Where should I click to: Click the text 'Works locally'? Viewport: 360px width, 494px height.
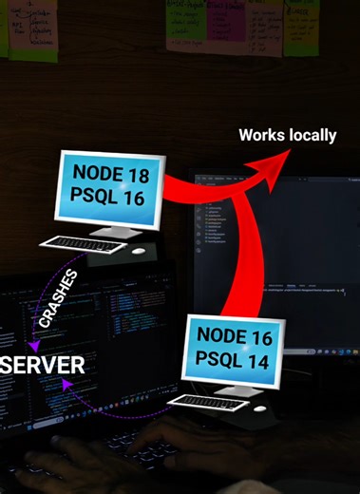click(287, 135)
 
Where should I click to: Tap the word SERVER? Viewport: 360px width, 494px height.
click(43, 365)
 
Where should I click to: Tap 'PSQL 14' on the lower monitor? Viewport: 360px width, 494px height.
click(235, 360)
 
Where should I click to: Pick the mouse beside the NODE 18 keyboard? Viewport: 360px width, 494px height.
click(139, 251)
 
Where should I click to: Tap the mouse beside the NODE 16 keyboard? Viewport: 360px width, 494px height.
click(259, 408)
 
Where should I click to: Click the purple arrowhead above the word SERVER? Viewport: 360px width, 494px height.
click(33, 343)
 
